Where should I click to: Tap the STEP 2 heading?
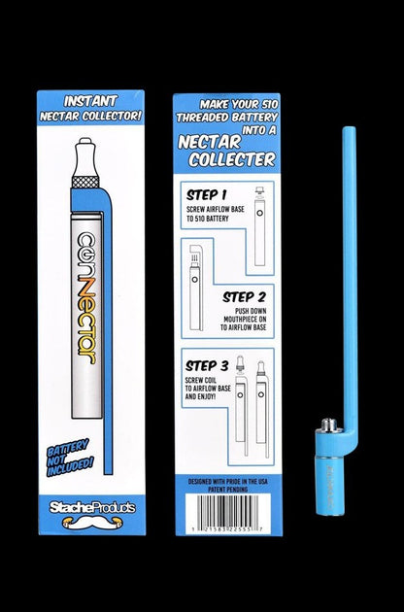click(x=247, y=296)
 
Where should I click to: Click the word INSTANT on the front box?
click(x=90, y=100)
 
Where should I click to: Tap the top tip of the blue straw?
click(x=347, y=127)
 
